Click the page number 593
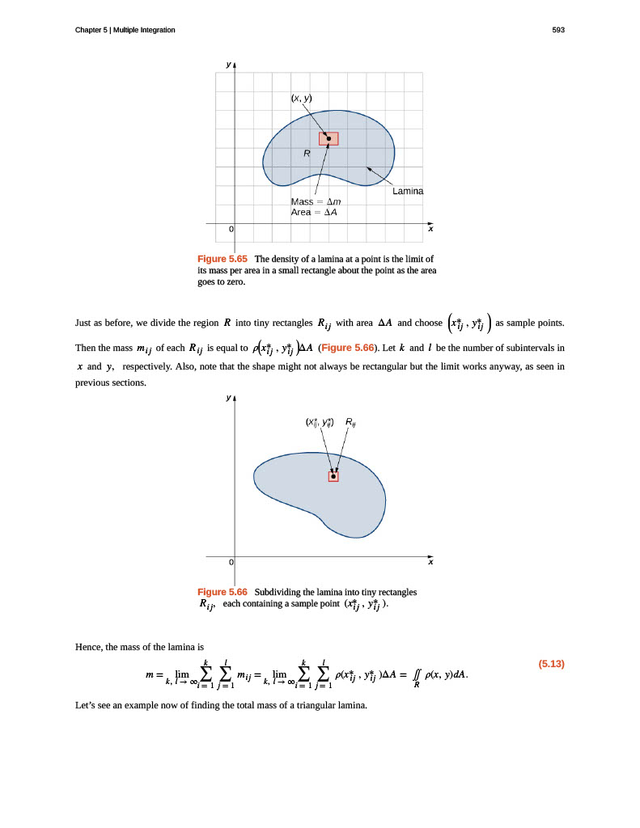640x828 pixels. pos(557,30)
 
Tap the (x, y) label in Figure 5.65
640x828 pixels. pos(301,99)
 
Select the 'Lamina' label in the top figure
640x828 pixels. pos(408,191)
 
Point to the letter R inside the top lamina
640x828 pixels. pos(307,153)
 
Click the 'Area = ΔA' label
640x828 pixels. pos(314,213)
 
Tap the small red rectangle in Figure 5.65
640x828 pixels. pos(328,139)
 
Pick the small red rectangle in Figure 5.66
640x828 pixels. pos(333,476)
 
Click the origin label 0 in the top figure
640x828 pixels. pos(231,230)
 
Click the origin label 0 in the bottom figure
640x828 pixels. pos(231,562)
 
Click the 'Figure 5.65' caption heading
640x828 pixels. pos(222,259)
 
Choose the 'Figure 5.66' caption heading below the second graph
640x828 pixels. pos(223,592)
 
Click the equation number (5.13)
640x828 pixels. pos(551,665)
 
